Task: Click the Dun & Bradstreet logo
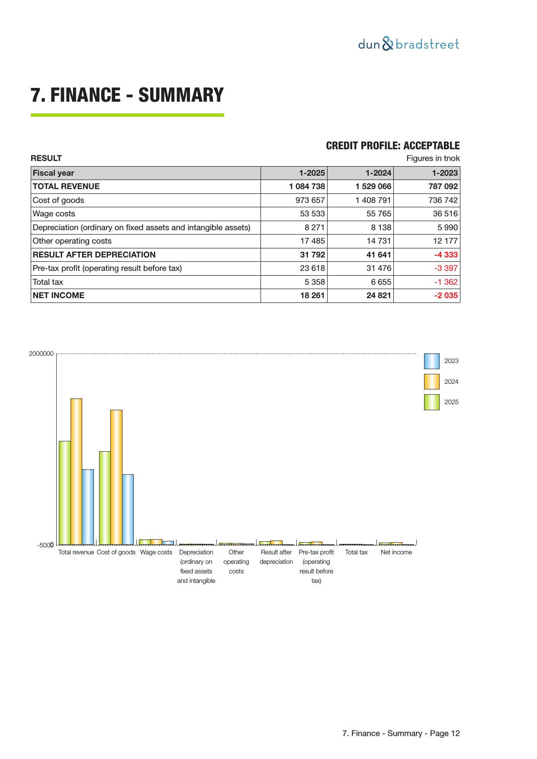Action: click(x=408, y=44)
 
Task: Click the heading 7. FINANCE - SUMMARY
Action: click(x=127, y=95)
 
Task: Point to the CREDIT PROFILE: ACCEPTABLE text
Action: click(x=392, y=146)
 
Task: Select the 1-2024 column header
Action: click(x=378, y=173)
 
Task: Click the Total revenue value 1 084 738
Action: click(x=307, y=187)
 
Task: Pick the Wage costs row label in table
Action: click(x=54, y=214)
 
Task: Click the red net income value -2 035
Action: click(x=446, y=296)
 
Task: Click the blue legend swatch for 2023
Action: click(x=431, y=361)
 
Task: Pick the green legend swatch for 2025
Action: click(x=431, y=402)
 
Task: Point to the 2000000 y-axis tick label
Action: click(x=42, y=354)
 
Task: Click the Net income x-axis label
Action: click(x=396, y=552)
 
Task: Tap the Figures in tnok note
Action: click(x=433, y=158)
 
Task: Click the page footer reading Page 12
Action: click(x=401, y=733)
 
